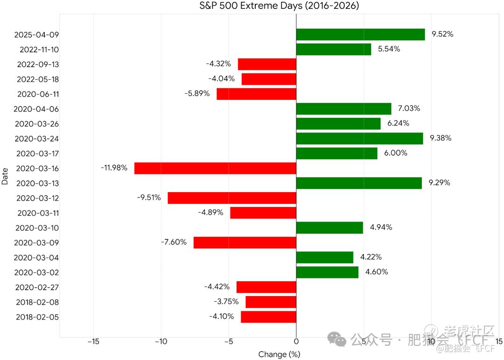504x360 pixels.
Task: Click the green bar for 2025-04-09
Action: point(360,35)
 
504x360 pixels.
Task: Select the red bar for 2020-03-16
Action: point(215,168)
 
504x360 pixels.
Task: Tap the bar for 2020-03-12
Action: point(232,198)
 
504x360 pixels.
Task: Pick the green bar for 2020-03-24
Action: point(359,138)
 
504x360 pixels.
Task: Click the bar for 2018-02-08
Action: point(271,302)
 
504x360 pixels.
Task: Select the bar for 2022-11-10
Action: point(334,49)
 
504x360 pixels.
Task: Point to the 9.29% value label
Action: point(440,183)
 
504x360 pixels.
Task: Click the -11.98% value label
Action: point(114,168)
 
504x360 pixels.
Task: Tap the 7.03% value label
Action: point(409,109)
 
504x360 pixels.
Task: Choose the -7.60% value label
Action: point(174,242)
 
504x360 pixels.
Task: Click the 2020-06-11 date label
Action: point(38,94)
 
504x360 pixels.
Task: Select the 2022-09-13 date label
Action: point(38,64)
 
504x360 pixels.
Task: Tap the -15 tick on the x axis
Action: point(93,342)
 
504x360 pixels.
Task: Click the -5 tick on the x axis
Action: point(229,342)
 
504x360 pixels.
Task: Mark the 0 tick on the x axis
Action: point(296,342)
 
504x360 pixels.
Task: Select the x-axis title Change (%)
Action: point(279,354)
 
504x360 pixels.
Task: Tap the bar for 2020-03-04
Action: point(325,257)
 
